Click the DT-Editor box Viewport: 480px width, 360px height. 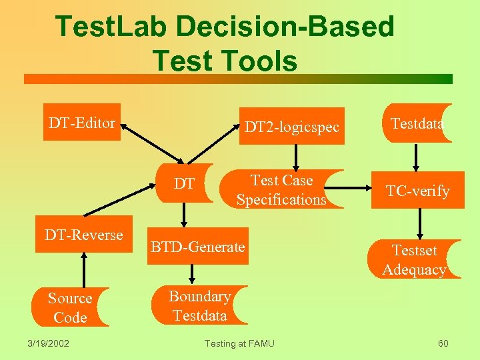click(x=82, y=122)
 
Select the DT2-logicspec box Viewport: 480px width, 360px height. click(x=291, y=126)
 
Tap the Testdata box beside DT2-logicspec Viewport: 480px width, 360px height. click(x=417, y=123)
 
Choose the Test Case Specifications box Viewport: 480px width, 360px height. click(x=281, y=189)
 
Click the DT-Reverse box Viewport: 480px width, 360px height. click(x=84, y=235)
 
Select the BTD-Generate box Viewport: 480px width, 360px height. click(x=197, y=247)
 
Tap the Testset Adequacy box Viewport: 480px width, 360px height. click(x=414, y=259)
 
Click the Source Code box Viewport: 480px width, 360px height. click(x=70, y=307)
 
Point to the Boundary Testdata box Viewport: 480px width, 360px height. click(x=199, y=305)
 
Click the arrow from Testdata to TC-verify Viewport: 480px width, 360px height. click(x=417, y=157)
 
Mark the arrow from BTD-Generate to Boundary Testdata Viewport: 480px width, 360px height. click(x=193, y=273)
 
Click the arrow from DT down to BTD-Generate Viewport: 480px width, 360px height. click(x=185, y=215)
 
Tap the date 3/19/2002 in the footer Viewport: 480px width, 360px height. click(x=50, y=343)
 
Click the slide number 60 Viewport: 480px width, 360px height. click(x=443, y=343)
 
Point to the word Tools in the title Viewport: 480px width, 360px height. click(x=259, y=61)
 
